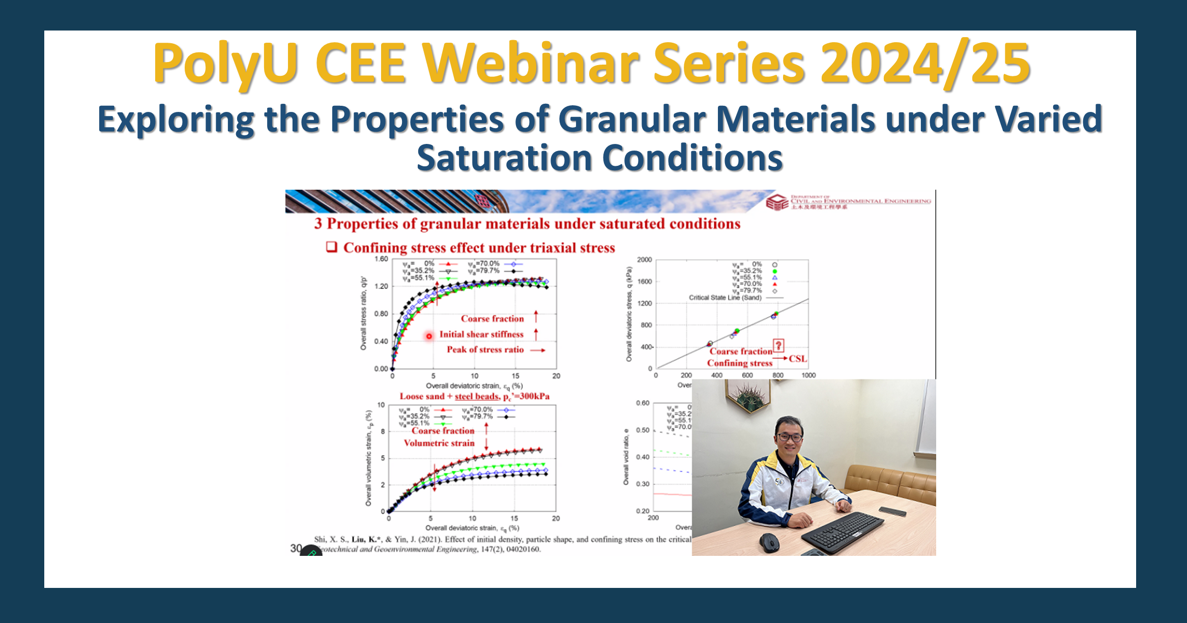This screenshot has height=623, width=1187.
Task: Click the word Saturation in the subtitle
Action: coord(504,158)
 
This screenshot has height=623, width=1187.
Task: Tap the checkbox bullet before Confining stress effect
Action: coord(332,247)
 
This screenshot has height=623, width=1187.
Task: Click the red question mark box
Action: coord(778,346)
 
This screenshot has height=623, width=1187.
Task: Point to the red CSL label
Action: coord(798,359)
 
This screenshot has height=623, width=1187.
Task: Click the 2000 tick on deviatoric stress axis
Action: coord(644,260)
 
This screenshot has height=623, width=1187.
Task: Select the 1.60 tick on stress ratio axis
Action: coord(381,259)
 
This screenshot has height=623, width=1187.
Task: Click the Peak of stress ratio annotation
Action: coord(485,349)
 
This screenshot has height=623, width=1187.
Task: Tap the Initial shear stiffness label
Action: coord(481,334)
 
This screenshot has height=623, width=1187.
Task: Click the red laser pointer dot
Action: coord(429,336)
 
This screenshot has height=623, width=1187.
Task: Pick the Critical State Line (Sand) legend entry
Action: coord(725,298)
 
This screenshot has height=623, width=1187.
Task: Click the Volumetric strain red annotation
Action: coord(439,443)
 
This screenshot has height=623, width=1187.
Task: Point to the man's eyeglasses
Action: coord(790,437)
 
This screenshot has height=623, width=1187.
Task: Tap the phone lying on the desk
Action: coord(892,511)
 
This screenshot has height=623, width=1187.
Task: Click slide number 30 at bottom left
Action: coord(296,548)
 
